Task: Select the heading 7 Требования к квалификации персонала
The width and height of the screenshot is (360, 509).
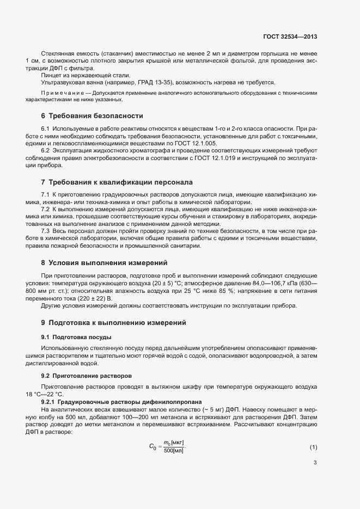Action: point(117,182)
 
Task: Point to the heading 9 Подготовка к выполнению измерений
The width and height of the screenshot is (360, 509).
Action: point(113,323)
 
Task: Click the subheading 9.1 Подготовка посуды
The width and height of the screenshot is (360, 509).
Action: point(77,338)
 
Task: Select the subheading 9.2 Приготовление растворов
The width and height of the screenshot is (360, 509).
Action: point(86,376)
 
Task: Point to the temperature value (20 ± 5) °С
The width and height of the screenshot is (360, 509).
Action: point(173,283)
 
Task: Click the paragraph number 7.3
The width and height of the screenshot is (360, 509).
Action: point(46,231)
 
